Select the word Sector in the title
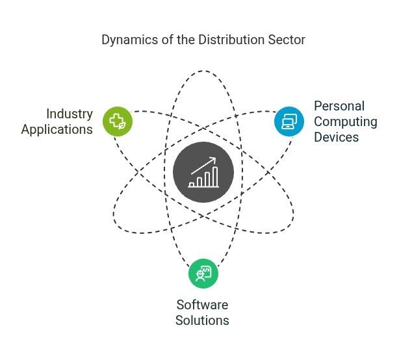(287, 40)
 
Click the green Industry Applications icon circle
(118, 120)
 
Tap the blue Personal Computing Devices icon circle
(289, 121)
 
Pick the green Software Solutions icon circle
(203, 273)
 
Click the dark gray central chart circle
(203, 172)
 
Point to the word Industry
(70, 114)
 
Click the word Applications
(57, 129)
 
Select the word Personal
(339, 106)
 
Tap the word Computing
(345, 122)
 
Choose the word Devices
(337, 137)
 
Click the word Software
(202, 305)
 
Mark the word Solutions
(202, 320)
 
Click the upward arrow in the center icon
(203, 164)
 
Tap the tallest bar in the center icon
(214, 177)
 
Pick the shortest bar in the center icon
(192, 184)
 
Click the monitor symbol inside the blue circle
(289, 121)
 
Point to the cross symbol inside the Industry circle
(116, 120)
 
